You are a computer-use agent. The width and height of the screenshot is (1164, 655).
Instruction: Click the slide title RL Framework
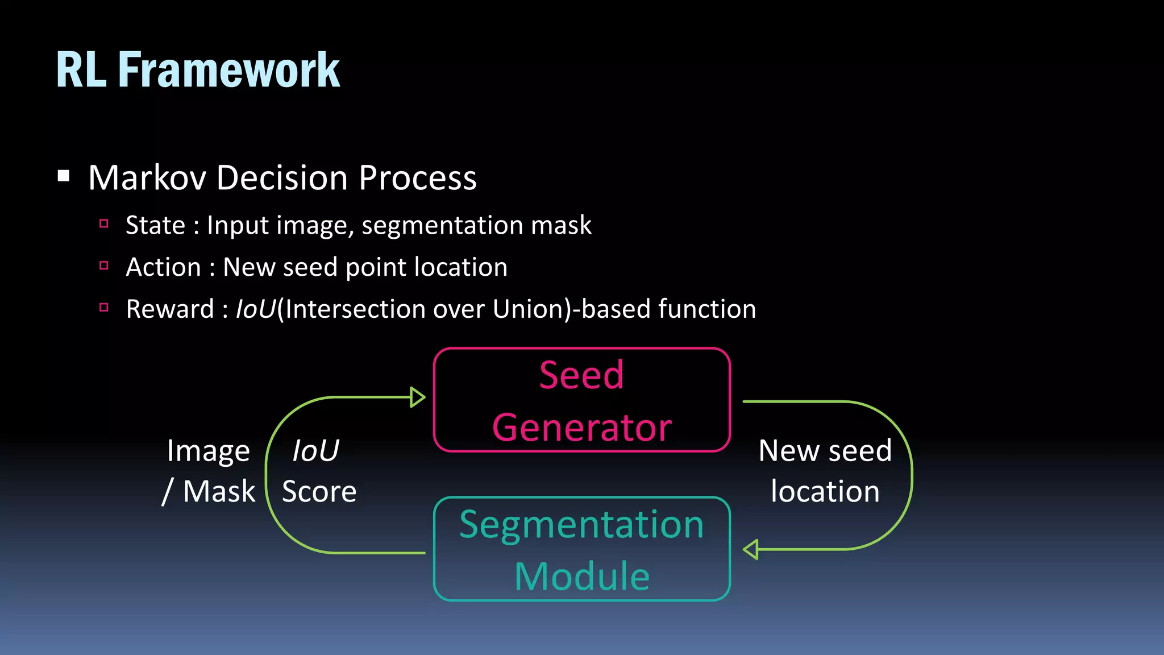coord(198,70)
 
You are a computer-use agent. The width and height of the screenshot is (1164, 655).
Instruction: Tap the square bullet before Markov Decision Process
coord(64,176)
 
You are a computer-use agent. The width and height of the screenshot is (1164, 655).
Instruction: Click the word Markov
coord(147,178)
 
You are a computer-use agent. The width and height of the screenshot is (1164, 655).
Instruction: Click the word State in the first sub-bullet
coord(155,225)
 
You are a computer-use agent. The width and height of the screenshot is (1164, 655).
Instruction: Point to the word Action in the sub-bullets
coord(164,267)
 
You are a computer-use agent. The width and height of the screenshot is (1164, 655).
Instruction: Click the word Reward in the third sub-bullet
coord(170,309)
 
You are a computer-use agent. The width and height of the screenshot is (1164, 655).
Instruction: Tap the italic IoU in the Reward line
coord(255,309)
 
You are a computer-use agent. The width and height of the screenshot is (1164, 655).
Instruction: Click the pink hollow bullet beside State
coord(104,223)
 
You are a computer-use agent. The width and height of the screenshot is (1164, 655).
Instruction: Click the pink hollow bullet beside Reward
coord(104,308)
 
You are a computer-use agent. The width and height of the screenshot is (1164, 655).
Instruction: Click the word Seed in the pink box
coord(581,375)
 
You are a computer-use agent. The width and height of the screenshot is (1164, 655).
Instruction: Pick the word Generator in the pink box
coord(581,428)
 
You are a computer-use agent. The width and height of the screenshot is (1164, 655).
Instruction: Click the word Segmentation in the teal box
coord(581,524)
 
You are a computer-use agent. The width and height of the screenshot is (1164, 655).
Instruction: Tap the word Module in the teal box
coord(581,577)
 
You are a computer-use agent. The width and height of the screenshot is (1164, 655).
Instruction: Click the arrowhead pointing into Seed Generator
coord(417,397)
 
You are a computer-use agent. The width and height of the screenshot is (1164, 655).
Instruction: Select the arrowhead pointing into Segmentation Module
coord(751,550)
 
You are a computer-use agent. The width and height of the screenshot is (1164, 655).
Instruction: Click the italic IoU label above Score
coord(315,451)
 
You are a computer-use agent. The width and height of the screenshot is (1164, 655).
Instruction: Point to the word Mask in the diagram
coord(219,491)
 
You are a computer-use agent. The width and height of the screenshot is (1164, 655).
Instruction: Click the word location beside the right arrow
coord(825,491)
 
